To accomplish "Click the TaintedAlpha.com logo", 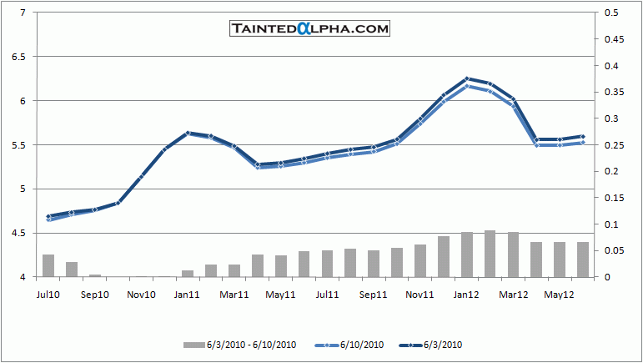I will coord(309,28).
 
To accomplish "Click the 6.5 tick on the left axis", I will coord(17,57).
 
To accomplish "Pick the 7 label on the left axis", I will coord(22,13).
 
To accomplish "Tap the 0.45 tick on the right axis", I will coord(615,39).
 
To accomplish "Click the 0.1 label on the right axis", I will coord(612,224).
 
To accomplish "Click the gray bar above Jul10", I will coord(48,265).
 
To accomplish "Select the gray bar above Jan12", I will coord(467,255).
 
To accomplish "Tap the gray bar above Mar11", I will coord(234,270).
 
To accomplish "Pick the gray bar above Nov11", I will coord(420,260).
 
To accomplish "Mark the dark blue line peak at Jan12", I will coord(467,78).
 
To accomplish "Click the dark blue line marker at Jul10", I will coord(48,217).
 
